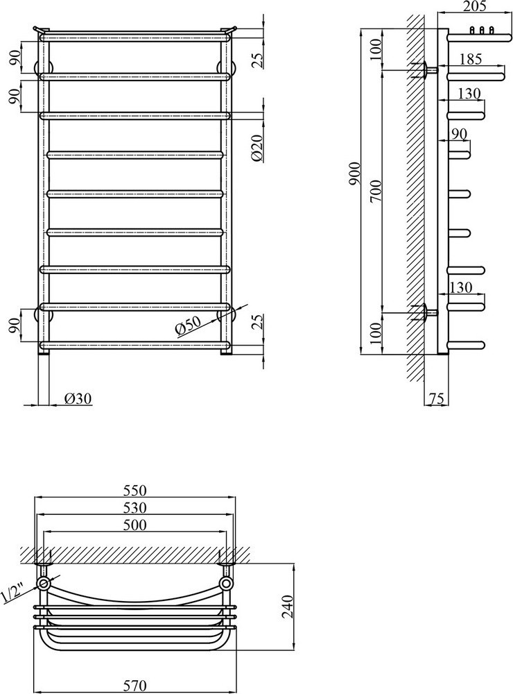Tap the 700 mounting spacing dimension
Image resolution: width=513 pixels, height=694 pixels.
[376, 191]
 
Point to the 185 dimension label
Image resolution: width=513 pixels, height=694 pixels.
[470, 59]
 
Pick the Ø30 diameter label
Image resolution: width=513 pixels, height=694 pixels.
[78, 399]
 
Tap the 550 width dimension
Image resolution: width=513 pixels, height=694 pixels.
[134, 491]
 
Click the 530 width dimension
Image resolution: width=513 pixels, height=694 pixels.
[134, 508]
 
